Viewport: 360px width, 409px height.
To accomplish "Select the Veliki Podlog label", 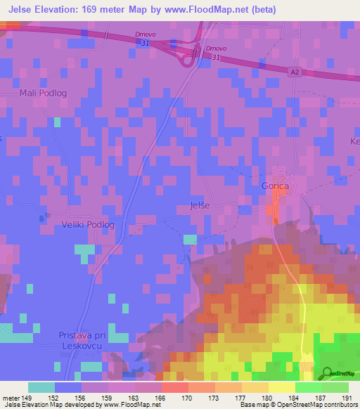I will [88, 224].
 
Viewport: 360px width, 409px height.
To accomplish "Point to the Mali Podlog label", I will [43, 92].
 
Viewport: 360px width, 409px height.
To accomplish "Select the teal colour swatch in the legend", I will [41, 387].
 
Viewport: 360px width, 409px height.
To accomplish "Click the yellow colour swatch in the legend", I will [281, 387].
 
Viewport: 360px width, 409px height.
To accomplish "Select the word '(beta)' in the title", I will [261, 10].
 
